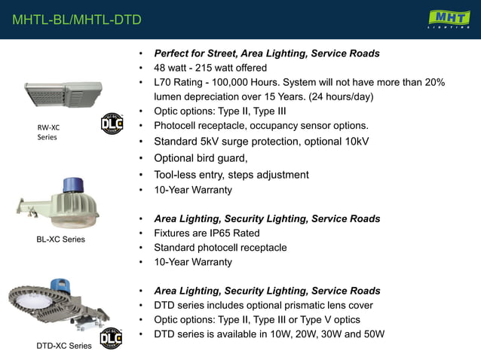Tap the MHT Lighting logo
(449, 19)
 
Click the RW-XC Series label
(48, 132)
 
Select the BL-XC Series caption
(60, 239)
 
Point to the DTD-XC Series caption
(64, 346)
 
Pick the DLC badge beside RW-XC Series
(112, 124)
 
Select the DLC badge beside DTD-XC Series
(112, 339)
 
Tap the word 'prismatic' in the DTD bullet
(305, 306)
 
